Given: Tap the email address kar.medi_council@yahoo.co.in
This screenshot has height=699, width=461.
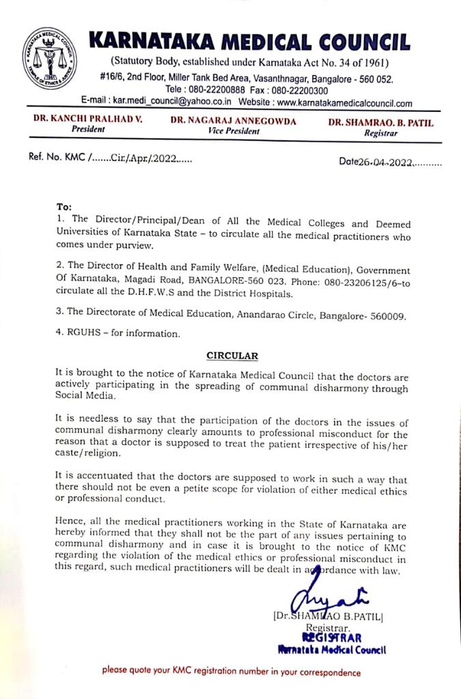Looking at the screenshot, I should click(172, 103).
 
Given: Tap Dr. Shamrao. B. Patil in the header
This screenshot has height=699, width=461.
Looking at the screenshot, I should click(380, 123).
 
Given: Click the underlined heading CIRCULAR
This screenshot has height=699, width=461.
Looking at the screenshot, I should click(232, 356).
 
